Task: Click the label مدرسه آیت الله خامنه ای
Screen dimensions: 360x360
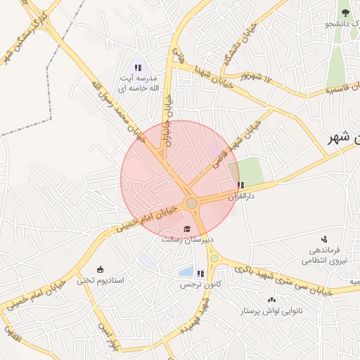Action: [138, 83]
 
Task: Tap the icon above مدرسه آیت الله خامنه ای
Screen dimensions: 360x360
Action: [138, 67]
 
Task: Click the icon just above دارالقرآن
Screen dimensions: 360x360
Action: [241, 186]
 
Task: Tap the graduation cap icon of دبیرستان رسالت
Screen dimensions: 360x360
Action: [187, 229]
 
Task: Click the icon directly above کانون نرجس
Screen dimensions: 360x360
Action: [201, 274]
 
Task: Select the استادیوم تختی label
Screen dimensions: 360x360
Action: [101, 280]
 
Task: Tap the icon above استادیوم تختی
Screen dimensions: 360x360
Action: [100, 269]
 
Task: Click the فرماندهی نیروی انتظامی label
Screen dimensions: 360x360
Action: [321, 255]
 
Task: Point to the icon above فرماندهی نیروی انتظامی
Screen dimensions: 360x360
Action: [324, 240]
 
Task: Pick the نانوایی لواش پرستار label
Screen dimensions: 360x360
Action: [272, 310]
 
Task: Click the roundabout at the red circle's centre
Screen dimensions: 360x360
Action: [191, 203]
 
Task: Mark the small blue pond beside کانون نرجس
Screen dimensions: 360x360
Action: [186, 271]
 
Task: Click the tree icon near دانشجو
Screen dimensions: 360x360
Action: [345, 12]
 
